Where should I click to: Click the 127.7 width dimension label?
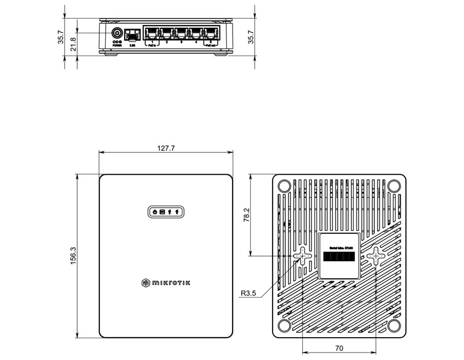click(x=165, y=148)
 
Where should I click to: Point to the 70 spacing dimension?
click(x=339, y=347)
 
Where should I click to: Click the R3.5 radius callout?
click(x=249, y=294)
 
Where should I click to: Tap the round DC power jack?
click(x=117, y=33)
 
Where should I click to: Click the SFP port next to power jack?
click(x=133, y=33)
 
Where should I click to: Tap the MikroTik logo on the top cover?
click(x=165, y=282)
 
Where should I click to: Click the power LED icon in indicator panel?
click(x=155, y=212)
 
